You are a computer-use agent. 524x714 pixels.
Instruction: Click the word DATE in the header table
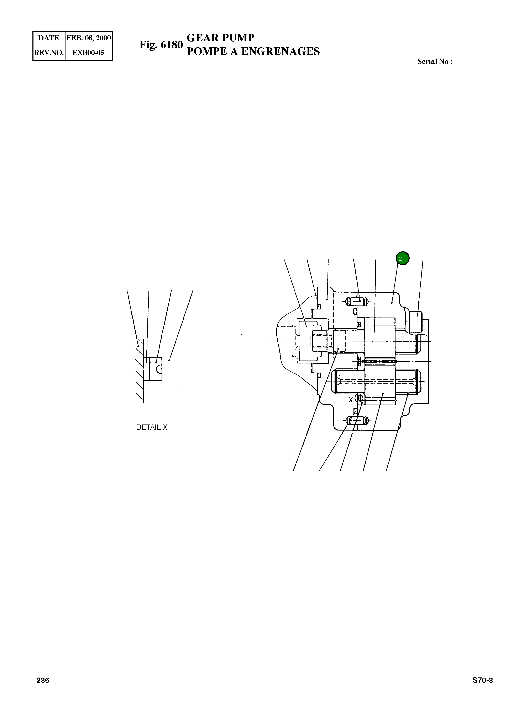coord(48,38)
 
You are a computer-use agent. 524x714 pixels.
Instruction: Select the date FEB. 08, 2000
coord(89,38)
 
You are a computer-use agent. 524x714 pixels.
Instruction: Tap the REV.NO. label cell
coord(49,53)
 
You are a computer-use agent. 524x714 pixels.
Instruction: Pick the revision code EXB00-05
coord(89,53)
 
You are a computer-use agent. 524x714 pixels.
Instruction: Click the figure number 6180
coord(172,45)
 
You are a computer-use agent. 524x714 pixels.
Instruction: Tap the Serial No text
coord(435,61)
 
